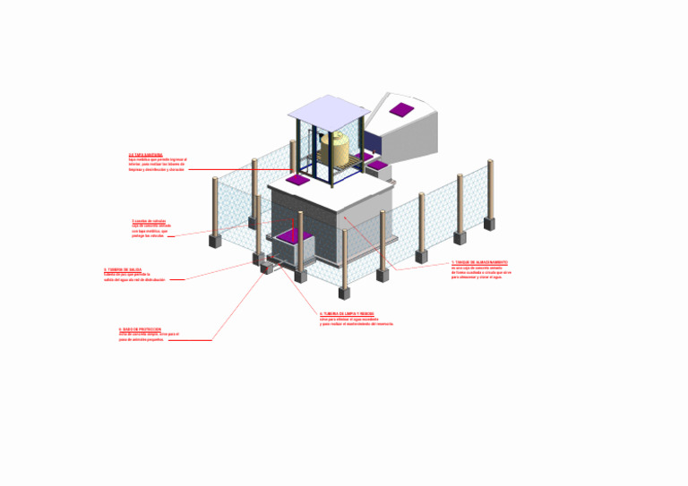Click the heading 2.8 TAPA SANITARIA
point(146,154)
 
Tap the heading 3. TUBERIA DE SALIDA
point(123,269)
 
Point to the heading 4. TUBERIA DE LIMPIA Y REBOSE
point(348,313)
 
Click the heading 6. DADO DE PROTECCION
point(140,329)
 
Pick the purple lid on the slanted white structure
point(401,110)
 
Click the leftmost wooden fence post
point(215,206)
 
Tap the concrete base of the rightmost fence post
point(489,223)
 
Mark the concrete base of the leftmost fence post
point(215,241)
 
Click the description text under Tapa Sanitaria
point(158,165)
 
